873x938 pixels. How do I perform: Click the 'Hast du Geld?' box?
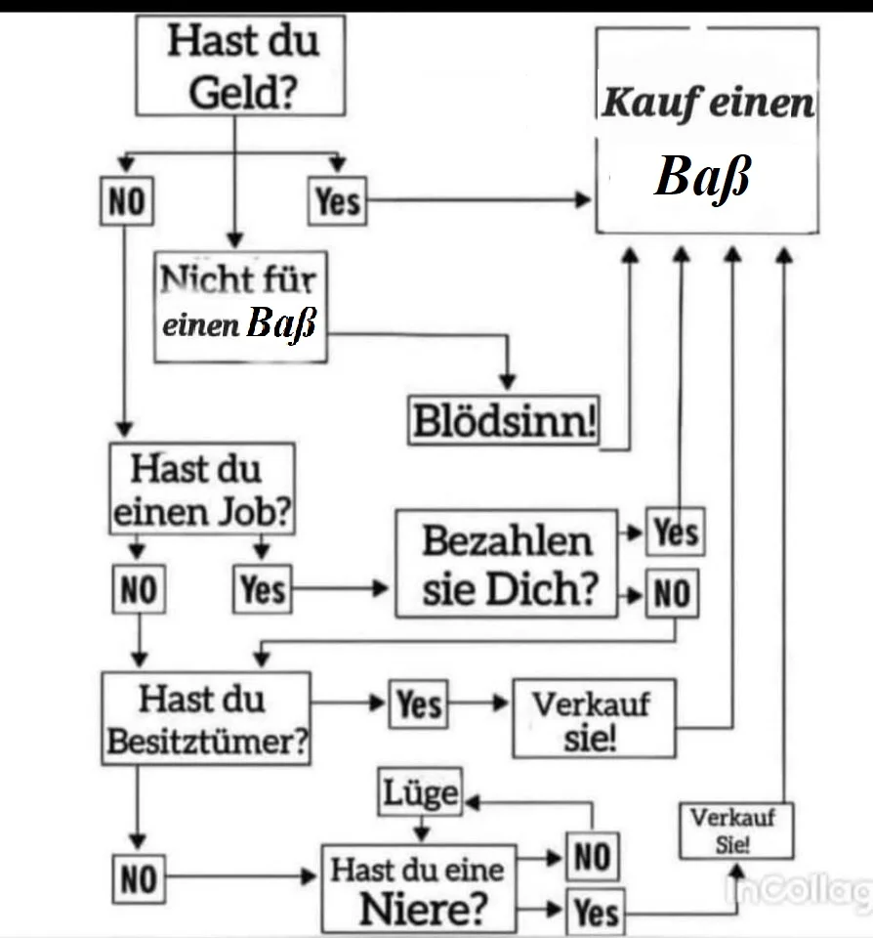pyautogui.click(x=239, y=65)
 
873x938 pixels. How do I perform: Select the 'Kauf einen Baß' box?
pyautogui.click(x=707, y=130)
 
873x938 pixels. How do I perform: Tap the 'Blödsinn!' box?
pyautogui.click(x=504, y=422)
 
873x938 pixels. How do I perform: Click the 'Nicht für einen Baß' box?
pyautogui.click(x=240, y=306)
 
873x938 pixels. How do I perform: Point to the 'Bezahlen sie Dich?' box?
pyautogui.click(x=507, y=564)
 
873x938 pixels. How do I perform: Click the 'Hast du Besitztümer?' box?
pyautogui.click(x=206, y=718)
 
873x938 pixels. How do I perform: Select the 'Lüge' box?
pyautogui.click(x=421, y=791)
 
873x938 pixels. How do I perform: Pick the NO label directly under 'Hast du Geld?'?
pyautogui.click(x=126, y=202)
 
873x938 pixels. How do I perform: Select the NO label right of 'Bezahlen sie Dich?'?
pyautogui.click(x=672, y=594)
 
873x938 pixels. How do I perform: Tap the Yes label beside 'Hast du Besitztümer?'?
pyautogui.click(x=419, y=703)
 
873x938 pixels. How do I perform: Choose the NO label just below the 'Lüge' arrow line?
pyautogui.click(x=592, y=858)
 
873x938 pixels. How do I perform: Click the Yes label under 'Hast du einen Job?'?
pyautogui.click(x=262, y=589)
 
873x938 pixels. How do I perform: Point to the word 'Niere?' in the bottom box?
pyautogui.click(x=423, y=909)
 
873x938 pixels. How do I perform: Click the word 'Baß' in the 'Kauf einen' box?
pyautogui.click(x=703, y=178)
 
